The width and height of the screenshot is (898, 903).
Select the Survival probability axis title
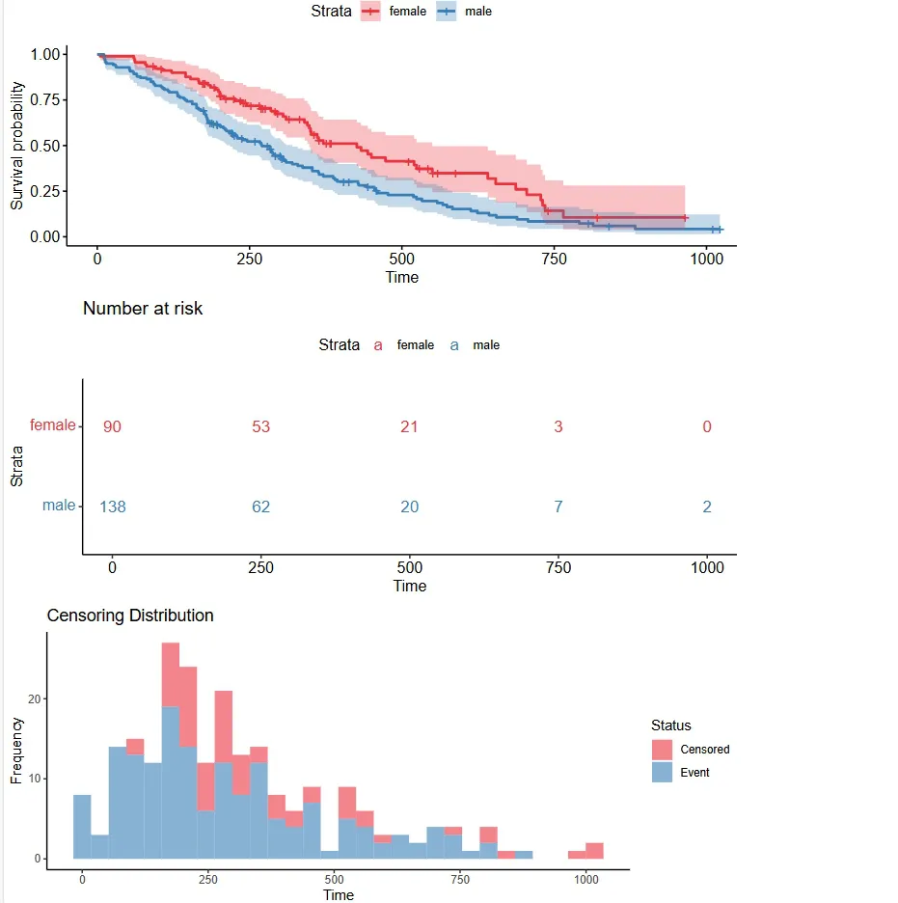[x=16, y=146]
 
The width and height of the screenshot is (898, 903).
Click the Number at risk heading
[x=143, y=309]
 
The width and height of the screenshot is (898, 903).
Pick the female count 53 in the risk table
[x=260, y=426]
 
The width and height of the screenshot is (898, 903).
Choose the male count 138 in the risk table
[x=113, y=506]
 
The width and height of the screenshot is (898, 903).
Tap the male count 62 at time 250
[x=260, y=506]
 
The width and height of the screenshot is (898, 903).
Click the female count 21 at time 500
[x=409, y=426]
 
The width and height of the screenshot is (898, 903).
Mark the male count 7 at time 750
[x=558, y=506]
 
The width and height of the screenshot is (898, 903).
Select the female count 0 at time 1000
[x=707, y=426]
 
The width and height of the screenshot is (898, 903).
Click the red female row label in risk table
[x=52, y=424]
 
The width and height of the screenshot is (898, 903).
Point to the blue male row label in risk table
[x=58, y=505]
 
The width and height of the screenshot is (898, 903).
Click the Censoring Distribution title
[x=130, y=616]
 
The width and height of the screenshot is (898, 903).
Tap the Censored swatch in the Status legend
[x=662, y=750]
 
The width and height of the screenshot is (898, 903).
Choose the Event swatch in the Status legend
[x=662, y=772]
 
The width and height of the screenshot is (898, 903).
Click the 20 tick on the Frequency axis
[x=31, y=698]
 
